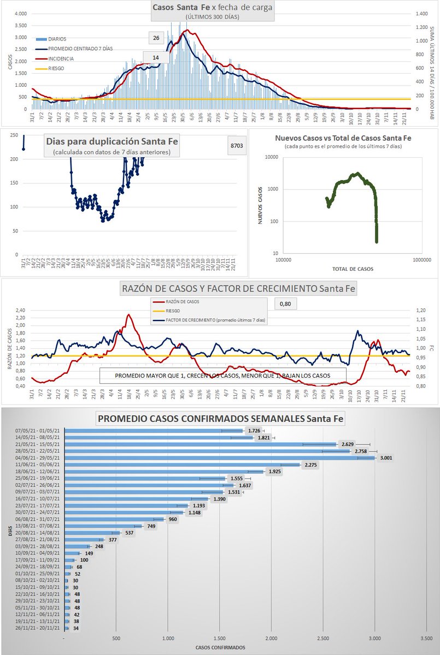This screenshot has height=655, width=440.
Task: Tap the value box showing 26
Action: point(156,38)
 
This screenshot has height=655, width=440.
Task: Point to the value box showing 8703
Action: point(237,146)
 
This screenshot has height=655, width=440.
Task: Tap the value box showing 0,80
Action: point(284,303)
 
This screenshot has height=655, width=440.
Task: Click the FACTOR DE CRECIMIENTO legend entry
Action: point(224,320)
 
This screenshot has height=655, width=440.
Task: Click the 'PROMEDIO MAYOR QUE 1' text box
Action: point(222,376)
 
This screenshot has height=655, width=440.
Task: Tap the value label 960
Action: point(173,519)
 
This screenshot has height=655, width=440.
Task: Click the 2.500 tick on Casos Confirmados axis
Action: point(322,637)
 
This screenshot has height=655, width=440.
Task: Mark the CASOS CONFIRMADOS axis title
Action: point(220,647)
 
